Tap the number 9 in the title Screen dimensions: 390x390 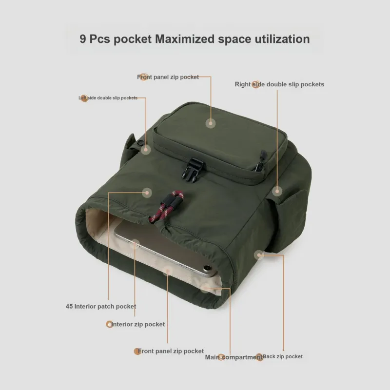click(x=82, y=39)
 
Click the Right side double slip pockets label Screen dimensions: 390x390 click(x=279, y=84)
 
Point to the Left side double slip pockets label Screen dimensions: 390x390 click(x=108, y=98)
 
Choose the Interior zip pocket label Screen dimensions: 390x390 click(x=138, y=324)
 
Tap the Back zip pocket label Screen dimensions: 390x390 click(x=283, y=356)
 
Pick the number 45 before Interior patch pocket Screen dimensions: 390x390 click(x=69, y=306)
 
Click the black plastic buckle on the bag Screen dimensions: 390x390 click(x=192, y=170)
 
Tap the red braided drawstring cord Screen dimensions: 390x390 click(x=167, y=206)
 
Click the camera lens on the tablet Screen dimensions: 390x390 click(x=207, y=268)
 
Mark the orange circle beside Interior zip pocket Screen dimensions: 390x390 click(x=109, y=324)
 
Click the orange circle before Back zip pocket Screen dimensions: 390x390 click(x=259, y=357)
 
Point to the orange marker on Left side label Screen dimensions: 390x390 click(x=84, y=98)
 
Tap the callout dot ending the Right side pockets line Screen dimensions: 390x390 click(x=277, y=191)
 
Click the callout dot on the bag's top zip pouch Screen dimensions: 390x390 click(x=211, y=123)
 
